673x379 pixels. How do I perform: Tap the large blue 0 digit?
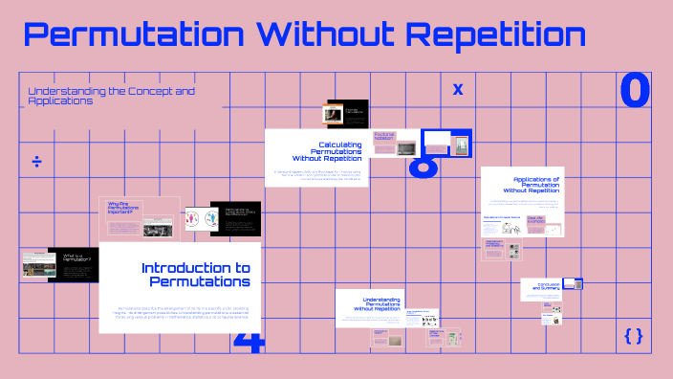coord(635,90)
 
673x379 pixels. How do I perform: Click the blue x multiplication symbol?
coord(458,89)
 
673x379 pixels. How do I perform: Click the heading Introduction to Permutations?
coord(195,275)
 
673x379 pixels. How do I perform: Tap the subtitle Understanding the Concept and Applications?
coord(111,96)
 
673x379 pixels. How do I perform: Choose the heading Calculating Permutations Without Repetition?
coord(327,150)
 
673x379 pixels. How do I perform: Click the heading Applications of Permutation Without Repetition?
coord(535,185)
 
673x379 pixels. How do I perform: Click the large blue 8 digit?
coord(423,165)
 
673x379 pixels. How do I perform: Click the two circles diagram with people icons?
coord(202,221)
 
